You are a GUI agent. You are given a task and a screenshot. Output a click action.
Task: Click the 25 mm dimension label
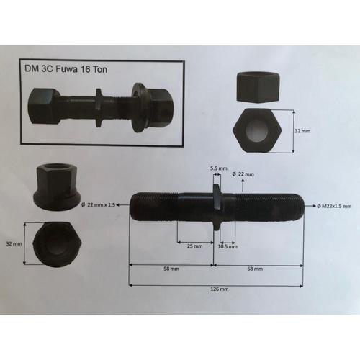pyautogui.click(x=194, y=246)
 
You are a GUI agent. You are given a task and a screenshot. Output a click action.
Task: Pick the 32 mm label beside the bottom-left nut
pyautogui.click(x=14, y=243)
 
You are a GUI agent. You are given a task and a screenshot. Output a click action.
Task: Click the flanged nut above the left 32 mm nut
pyautogui.click(x=54, y=186)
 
